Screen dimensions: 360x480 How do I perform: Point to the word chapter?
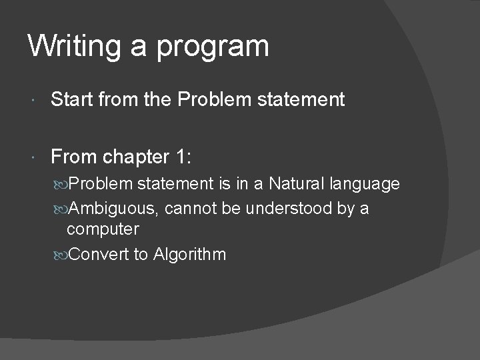[137, 157]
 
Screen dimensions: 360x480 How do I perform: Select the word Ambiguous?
[113, 209]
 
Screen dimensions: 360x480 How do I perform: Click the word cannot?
[187, 209]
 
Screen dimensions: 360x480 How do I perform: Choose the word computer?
[103, 230]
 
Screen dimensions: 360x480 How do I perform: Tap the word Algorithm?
[189, 255]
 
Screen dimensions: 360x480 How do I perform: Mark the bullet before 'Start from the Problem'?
[34, 101]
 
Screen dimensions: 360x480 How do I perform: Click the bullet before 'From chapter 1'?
[34, 157]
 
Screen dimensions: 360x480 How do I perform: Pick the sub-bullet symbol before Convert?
[61, 255]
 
